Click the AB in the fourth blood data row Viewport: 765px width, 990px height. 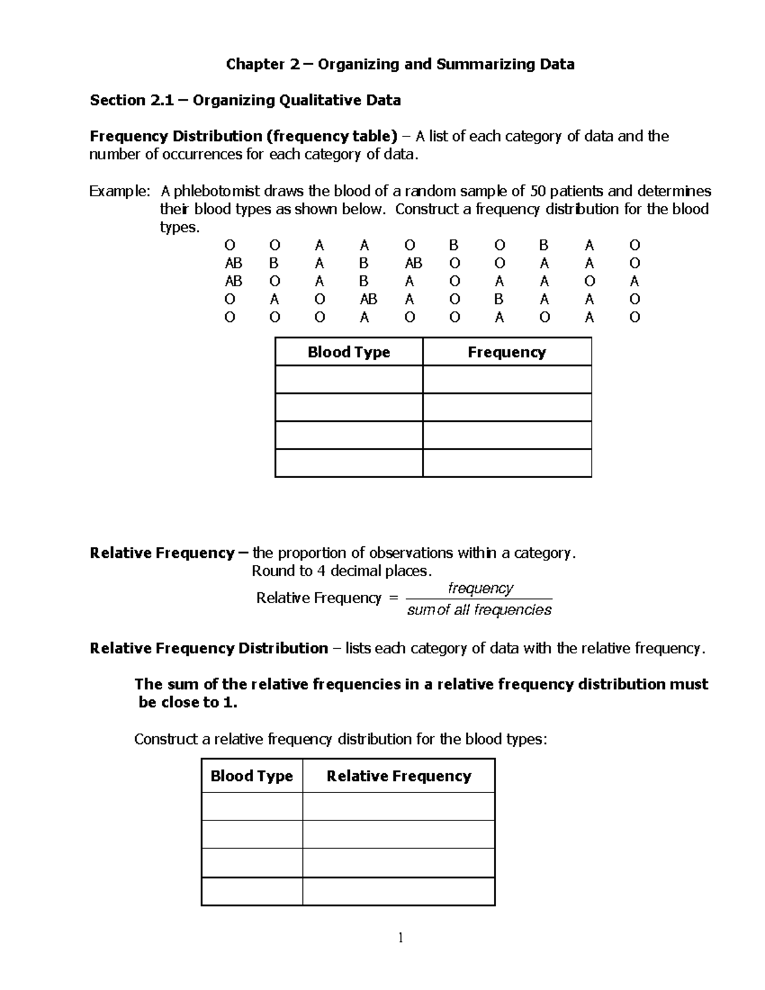coord(368,299)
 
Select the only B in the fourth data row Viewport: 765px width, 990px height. coord(499,299)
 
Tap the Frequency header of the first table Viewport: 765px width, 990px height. coord(507,353)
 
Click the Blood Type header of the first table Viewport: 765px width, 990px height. coord(349,353)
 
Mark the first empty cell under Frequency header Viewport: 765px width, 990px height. coord(507,379)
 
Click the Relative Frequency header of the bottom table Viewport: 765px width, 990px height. coord(398,776)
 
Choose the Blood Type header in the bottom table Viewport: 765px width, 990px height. coord(252,776)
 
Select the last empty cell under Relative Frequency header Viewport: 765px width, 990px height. coord(398,891)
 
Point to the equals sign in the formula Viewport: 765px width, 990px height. coord(393,598)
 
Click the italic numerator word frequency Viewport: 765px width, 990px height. coord(481,588)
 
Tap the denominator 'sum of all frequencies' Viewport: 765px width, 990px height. coord(479,610)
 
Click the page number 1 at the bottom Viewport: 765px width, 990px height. coord(400,938)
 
